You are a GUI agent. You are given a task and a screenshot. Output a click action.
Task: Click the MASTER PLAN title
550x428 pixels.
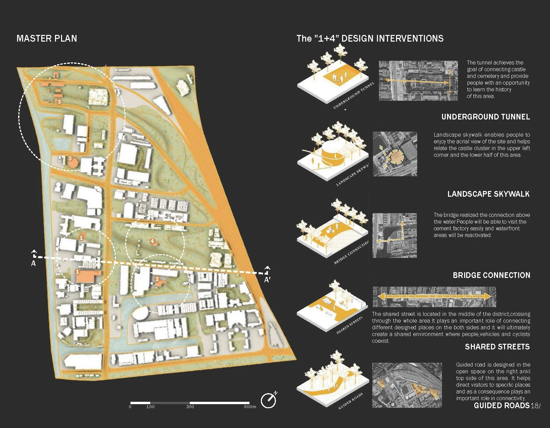[47, 39]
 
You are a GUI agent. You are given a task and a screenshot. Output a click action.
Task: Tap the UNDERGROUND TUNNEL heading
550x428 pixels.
[485, 117]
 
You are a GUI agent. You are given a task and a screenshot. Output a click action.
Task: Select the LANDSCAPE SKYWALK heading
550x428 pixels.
[488, 194]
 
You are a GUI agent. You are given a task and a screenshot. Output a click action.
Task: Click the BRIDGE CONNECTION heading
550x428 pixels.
[491, 275]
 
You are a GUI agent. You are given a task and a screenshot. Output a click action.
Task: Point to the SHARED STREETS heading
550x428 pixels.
[497, 347]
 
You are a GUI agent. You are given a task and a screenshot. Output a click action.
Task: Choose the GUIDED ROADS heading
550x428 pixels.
[501, 406]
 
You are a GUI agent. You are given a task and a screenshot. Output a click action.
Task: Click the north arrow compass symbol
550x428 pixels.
[269, 400]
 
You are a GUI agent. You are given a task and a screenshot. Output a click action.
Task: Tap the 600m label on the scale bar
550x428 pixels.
[250, 407]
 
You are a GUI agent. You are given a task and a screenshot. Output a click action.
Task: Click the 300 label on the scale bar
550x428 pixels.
[190, 407]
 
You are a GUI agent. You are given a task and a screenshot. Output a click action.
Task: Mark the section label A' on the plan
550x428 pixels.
[267, 280]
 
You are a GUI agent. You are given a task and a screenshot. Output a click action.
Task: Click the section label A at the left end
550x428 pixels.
[33, 264]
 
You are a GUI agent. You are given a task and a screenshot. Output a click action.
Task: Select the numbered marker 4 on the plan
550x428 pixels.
[152, 241]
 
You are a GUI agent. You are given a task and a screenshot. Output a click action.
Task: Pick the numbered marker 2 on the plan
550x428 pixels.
[157, 279]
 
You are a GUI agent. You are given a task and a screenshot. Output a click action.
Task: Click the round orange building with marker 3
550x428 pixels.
[72, 162]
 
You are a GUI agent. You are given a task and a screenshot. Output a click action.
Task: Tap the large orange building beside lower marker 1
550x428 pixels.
[88, 277]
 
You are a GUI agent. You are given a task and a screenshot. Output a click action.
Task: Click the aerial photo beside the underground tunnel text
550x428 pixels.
[418, 81]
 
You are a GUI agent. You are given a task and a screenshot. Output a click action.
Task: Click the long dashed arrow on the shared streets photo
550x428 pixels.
[434, 297]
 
